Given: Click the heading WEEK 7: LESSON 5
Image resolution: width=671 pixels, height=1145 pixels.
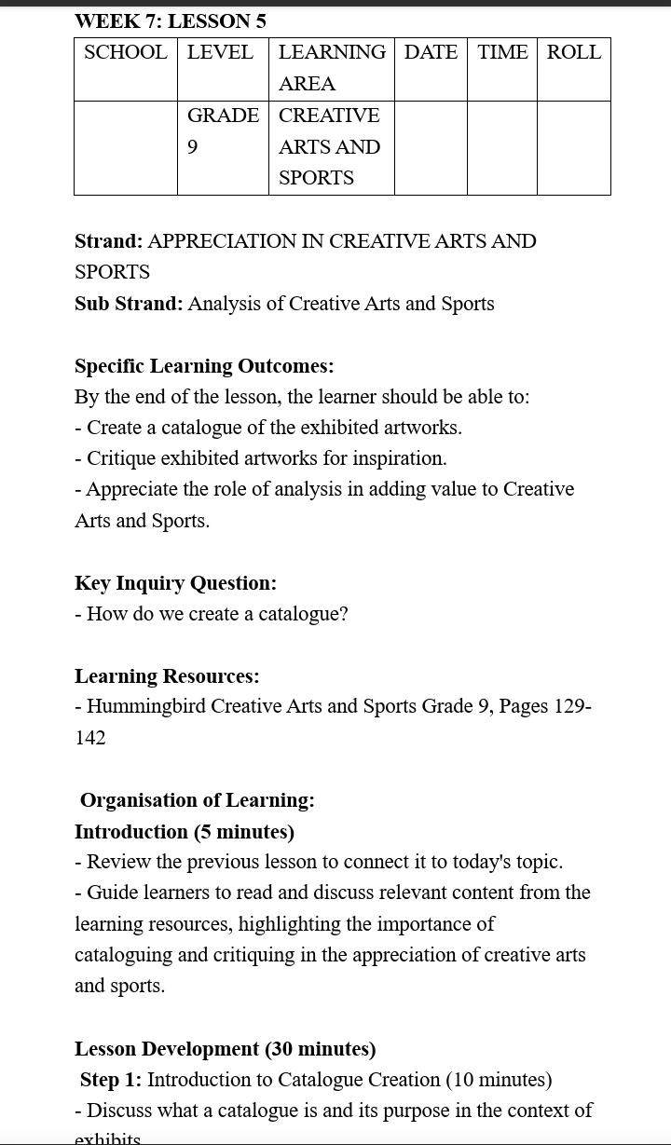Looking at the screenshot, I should pyautogui.click(x=171, y=20).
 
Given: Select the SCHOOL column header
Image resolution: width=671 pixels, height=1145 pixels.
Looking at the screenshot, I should pyautogui.click(x=126, y=52).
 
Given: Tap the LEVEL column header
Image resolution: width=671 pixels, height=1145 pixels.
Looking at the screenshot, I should pyautogui.click(x=220, y=52).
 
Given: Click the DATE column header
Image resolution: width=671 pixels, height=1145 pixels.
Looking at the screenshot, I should pyautogui.click(x=431, y=52).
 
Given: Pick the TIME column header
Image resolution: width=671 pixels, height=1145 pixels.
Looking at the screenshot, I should pyautogui.click(x=502, y=52).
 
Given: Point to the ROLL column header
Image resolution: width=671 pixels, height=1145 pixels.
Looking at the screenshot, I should pyautogui.click(x=574, y=52).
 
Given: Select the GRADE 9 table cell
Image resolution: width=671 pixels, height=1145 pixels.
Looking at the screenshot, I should pyautogui.click(x=223, y=130).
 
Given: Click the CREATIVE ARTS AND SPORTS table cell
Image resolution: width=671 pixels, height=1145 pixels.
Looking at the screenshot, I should pyautogui.click(x=330, y=146).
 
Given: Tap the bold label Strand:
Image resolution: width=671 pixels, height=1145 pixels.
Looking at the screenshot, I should pyautogui.click(x=109, y=241).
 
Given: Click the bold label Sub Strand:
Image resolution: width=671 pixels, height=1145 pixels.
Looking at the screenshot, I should pyautogui.click(x=129, y=304).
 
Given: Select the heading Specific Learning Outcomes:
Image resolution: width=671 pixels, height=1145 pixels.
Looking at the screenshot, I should pyautogui.click(x=204, y=366).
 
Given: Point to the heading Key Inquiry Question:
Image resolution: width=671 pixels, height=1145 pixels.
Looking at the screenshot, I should pyautogui.click(x=175, y=583).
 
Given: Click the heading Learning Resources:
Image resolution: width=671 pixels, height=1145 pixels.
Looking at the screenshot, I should pyautogui.click(x=167, y=676).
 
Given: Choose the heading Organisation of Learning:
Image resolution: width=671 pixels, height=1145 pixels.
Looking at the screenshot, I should pyautogui.click(x=198, y=800).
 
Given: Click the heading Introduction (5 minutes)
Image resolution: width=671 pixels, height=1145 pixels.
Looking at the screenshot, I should pyautogui.click(x=185, y=832).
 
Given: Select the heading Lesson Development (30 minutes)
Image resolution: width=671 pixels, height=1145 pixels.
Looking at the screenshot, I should pyautogui.click(x=226, y=1049).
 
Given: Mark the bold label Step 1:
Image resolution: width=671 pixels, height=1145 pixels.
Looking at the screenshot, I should pyautogui.click(x=111, y=1080).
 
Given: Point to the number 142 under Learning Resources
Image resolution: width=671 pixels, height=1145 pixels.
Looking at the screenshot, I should pyautogui.click(x=90, y=738).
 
